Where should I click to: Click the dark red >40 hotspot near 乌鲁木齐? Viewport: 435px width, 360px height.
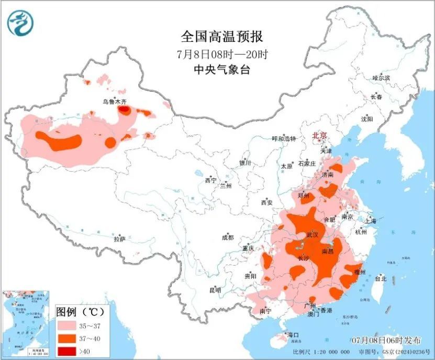125,110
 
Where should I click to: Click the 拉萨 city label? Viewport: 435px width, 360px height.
119,239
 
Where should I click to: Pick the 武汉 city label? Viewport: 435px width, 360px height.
313,235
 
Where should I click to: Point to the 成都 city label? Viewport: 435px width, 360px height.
228,237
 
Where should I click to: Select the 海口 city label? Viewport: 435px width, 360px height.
293,335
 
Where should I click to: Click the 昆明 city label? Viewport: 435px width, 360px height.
215,290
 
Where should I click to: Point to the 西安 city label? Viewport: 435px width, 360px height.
266,202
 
